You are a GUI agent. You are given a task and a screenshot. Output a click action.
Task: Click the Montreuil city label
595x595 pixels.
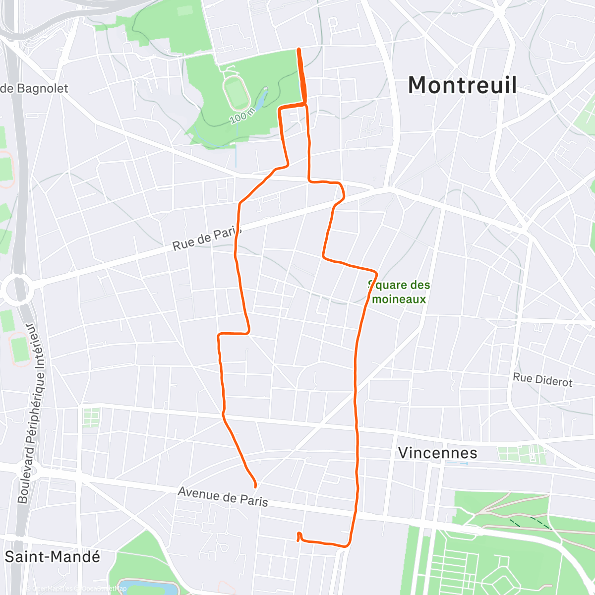click(462, 85)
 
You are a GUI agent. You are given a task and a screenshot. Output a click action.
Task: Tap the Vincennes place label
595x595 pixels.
click(437, 453)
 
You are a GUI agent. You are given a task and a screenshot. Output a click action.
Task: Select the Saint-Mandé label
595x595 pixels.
click(52, 556)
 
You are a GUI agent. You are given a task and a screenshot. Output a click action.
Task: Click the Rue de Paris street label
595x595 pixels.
click(207, 239)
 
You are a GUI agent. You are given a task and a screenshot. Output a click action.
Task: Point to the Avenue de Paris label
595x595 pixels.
click(223, 496)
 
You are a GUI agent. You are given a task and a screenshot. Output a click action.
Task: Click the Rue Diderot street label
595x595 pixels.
click(542, 380)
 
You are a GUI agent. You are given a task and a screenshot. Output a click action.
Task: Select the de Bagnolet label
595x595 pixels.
click(34, 89)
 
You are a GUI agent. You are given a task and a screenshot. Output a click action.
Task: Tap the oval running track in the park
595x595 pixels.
click(237, 93)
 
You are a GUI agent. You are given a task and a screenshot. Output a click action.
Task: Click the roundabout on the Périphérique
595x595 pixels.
click(16, 288)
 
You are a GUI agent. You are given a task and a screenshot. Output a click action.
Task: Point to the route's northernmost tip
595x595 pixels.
click(298, 49)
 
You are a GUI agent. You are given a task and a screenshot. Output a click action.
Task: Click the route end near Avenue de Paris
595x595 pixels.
click(255, 486)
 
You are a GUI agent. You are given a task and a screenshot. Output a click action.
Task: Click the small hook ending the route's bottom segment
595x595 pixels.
click(298, 536)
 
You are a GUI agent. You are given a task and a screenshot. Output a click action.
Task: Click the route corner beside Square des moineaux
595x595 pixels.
click(376, 273)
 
